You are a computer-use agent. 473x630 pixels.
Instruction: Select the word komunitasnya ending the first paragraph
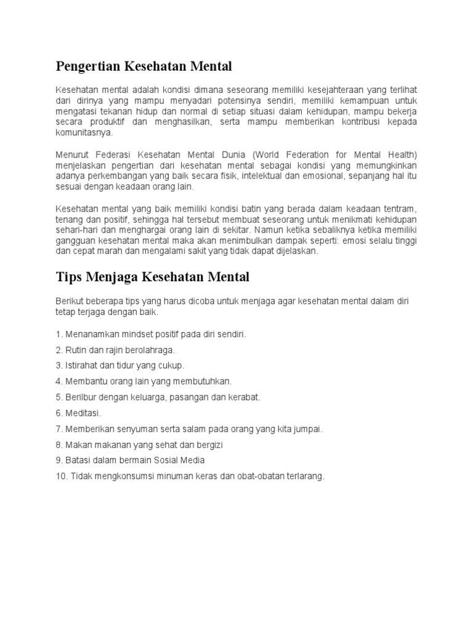(x=84, y=132)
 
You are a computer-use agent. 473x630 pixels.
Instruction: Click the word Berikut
(x=69, y=301)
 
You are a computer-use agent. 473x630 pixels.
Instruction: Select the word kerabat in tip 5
(x=244, y=397)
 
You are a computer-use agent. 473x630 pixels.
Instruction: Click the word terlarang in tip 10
(x=302, y=476)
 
